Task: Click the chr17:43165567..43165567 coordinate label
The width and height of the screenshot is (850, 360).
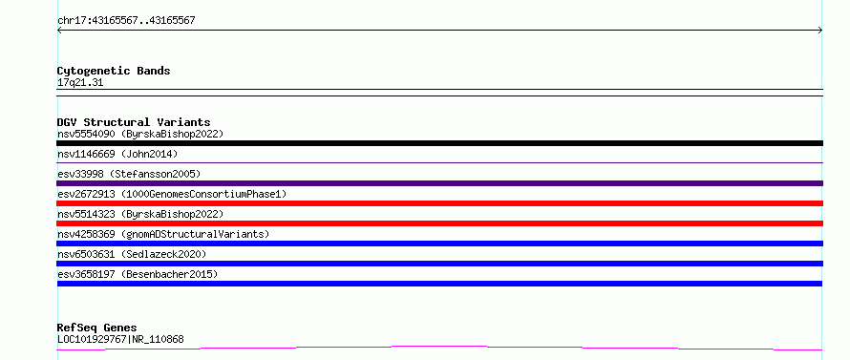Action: [x=126, y=21]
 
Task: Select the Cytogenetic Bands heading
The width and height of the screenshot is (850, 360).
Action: [x=114, y=71]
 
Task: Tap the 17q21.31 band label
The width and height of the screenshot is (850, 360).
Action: [x=80, y=83]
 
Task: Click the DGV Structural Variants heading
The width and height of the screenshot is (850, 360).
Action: [x=134, y=122]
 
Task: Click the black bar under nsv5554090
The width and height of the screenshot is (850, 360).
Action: [x=439, y=143]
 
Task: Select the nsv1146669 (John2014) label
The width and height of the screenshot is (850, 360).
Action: [x=117, y=154]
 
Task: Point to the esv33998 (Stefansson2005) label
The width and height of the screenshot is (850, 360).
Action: [x=129, y=174]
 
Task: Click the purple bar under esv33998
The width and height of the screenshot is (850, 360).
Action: [x=439, y=183]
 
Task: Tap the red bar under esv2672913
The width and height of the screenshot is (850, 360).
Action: [x=439, y=203]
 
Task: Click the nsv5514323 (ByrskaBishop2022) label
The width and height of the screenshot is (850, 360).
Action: [x=140, y=214]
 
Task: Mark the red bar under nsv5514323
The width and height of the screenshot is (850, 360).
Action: [x=439, y=223]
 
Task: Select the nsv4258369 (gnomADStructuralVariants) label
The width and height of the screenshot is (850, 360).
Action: [x=163, y=234]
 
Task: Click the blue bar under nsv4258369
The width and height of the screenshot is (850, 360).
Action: [x=439, y=244]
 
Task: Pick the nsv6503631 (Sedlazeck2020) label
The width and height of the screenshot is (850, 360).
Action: [x=132, y=254]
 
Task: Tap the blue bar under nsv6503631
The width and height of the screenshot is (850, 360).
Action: [x=439, y=264]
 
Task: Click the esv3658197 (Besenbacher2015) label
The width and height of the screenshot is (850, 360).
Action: [x=138, y=274]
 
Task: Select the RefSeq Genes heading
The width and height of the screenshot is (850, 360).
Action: [x=97, y=328]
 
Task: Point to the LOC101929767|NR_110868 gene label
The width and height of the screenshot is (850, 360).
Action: [x=120, y=340]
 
